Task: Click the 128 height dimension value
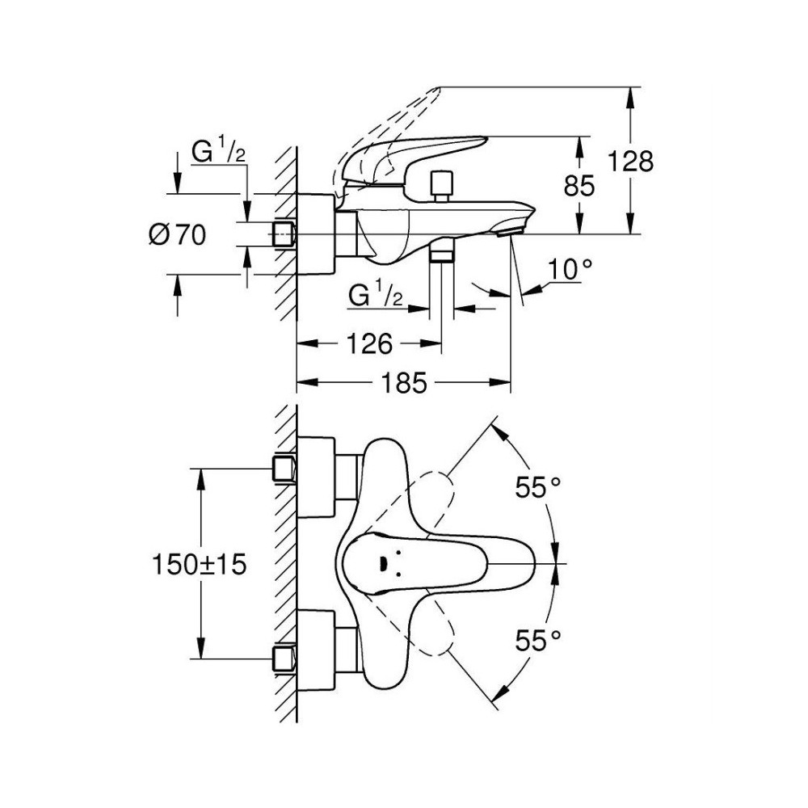click(631, 162)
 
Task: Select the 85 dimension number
click(579, 186)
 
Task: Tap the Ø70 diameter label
click(177, 235)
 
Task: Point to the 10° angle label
click(570, 270)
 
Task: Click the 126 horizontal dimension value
click(369, 343)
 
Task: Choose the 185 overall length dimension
click(404, 382)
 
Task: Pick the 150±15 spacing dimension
click(199, 565)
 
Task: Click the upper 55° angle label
click(538, 487)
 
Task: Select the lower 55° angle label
click(538, 641)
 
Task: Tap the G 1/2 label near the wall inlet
click(218, 151)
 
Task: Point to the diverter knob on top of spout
click(443, 187)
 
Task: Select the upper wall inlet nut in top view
click(284, 469)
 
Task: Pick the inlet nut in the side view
click(284, 235)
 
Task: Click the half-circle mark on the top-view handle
click(383, 564)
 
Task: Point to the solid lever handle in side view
click(412, 160)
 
